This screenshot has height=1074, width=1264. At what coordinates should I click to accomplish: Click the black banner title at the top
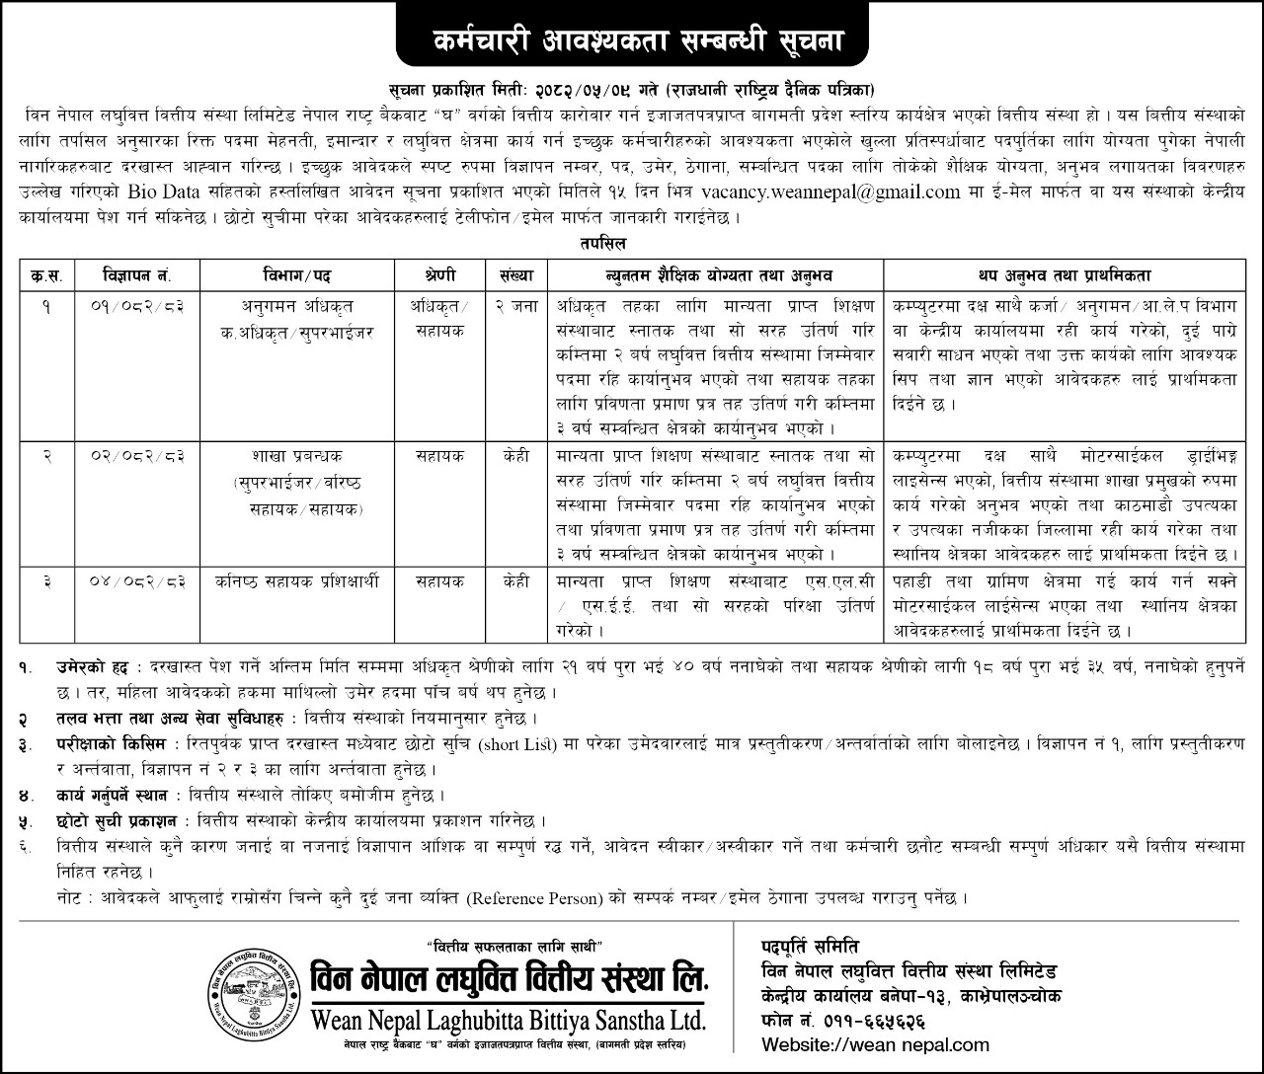[633, 42]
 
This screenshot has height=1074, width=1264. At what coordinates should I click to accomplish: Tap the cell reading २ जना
[516, 306]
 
